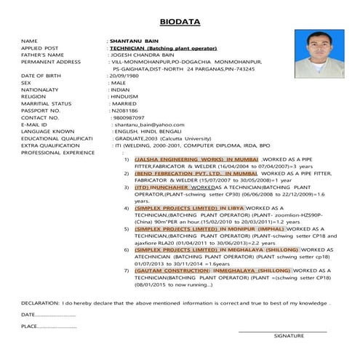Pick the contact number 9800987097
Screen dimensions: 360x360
pyautogui.click(x=129, y=117)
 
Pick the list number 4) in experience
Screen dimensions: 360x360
pyautogui.click(x=127, y=208)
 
